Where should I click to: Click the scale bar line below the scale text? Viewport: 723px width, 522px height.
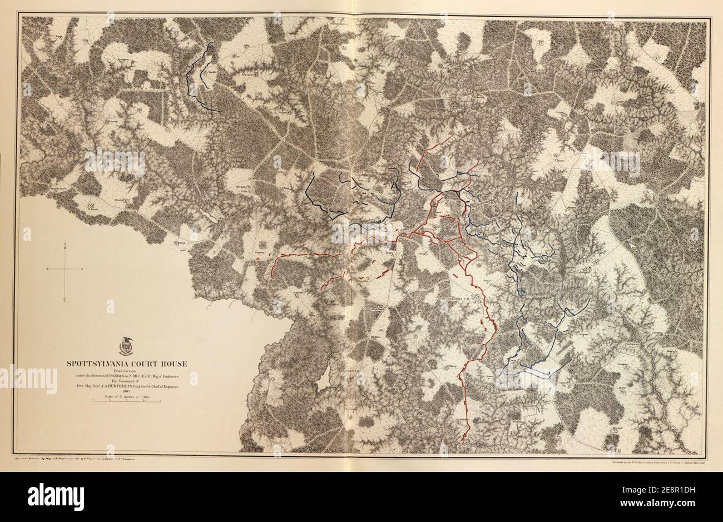127,401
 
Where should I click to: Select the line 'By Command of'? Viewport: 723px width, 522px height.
127,382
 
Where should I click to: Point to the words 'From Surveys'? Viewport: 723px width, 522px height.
127,370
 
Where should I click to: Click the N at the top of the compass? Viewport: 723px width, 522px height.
66,245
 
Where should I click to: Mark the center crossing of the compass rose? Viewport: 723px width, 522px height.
66,269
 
